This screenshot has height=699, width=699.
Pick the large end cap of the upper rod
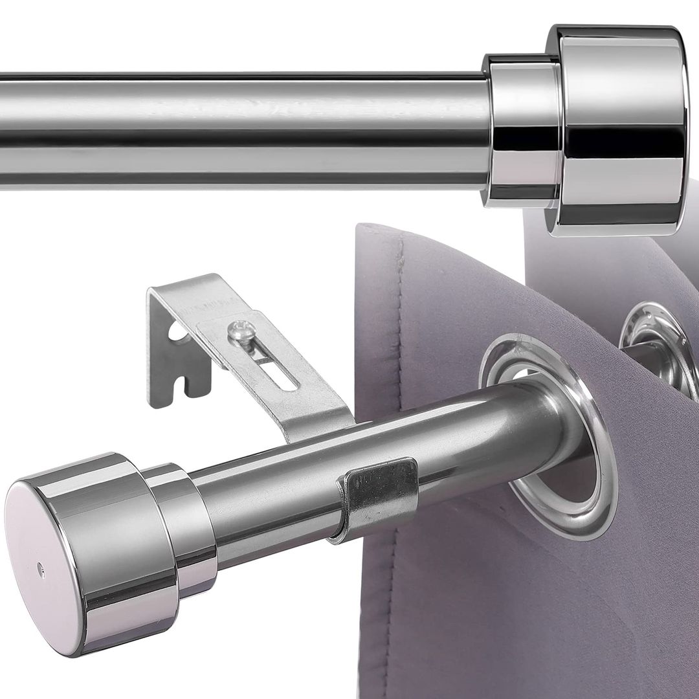pyautogui.click(x=615, y=129)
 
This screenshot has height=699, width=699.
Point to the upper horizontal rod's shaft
pyautogui.click(x=246, y=129)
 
